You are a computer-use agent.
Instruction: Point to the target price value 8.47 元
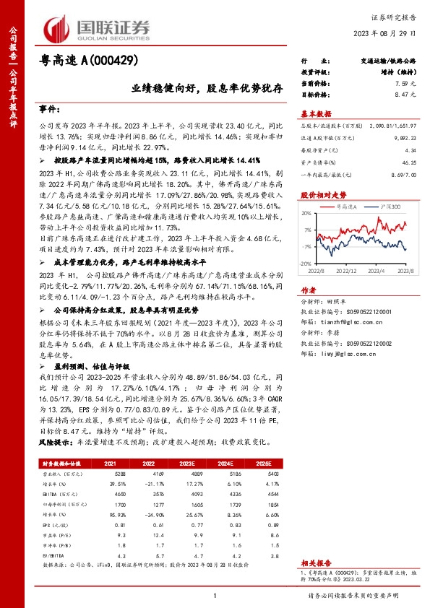pos(406,95)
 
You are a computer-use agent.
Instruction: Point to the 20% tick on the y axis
pos(308,213)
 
